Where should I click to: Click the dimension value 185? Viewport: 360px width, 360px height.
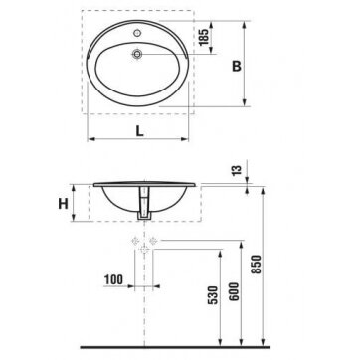[205, 37]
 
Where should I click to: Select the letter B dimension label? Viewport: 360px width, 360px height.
[237, 66]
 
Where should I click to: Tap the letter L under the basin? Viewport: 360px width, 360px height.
[140, 131]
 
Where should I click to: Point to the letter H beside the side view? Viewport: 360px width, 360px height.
[64, 204]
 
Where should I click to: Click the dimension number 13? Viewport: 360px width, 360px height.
[237, 171]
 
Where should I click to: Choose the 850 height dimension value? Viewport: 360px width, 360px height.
[257, 265]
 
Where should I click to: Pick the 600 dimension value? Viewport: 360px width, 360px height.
[235, 291]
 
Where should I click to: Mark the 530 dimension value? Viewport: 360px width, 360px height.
[213, 295]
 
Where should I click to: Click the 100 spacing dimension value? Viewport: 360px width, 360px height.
[113, 280]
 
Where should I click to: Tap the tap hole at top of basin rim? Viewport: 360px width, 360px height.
[137, 33]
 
